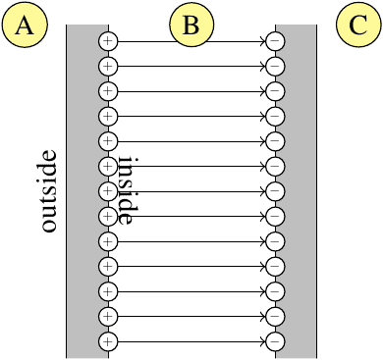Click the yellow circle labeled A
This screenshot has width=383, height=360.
[25, 25]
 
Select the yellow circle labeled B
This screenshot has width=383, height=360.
[191, 25]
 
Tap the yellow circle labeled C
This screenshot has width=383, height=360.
[358, 25]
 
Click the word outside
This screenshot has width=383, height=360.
[49, 191]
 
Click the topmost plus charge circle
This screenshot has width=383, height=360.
[108, 41]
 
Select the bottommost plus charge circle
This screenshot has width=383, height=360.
[108, 341]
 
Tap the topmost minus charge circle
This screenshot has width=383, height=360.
[275, 41]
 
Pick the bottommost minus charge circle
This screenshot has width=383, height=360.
[275, 341]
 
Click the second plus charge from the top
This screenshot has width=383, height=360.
[108, 67]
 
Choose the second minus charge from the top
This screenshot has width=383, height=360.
[275, 67]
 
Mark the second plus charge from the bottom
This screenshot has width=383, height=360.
[108, 317]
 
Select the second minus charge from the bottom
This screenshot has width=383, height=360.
[275, 317]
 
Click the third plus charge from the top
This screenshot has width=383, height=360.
[108, 91]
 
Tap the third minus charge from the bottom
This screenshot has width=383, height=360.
[275, 291]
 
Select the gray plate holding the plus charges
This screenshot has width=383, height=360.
[87, 191]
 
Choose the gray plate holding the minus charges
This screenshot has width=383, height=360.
[296, 191]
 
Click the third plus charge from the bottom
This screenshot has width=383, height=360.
[108, 291]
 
